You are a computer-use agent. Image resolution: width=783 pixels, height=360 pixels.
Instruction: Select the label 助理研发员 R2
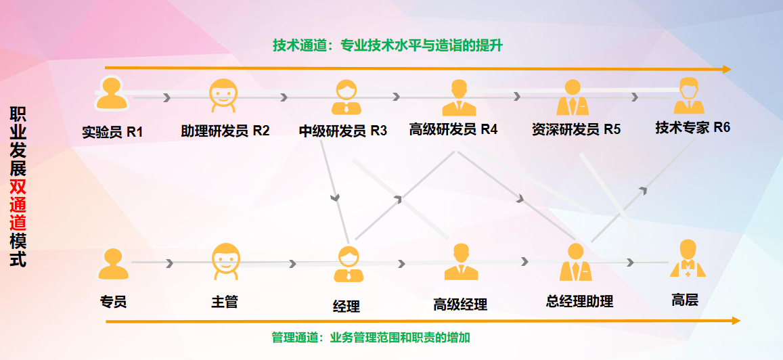(x=225, y=131)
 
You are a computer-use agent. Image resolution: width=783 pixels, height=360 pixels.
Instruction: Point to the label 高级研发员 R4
(x=453, y=129)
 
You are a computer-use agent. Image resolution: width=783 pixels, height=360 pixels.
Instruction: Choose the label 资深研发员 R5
(x=576, y=129)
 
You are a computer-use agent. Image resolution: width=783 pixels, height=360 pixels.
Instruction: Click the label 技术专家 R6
(x=692, y=127)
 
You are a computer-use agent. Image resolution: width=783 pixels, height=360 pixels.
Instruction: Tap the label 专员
(x=113, y=302)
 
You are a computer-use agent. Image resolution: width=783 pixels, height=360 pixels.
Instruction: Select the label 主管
(x=225, y=302)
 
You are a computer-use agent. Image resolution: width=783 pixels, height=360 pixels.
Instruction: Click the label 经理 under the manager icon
(x=346, y=306)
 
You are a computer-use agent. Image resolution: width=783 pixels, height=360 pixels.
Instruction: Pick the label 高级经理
(x=460, y=305)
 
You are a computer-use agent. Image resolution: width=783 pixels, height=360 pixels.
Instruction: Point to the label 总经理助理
(x=579, y=302)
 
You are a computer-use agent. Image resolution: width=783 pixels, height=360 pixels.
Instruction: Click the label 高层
(x=685, y=300)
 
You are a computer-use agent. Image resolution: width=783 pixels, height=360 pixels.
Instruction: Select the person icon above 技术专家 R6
(x=688, y=95)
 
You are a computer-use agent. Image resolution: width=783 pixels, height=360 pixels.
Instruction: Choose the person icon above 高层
(x=688, y=259)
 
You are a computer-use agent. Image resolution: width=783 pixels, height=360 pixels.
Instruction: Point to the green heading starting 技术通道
(x=388, y=45)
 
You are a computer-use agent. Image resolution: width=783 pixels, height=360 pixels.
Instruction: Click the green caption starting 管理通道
(x=371, y=338)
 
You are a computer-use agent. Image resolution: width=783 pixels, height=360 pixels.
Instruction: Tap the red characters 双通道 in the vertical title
(x=18, y=200)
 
